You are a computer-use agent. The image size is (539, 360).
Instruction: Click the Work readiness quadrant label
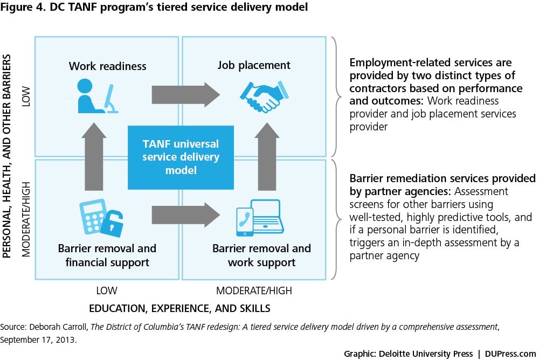[x=108, y=66]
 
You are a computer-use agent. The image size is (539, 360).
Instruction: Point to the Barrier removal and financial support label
[x=107, y=255]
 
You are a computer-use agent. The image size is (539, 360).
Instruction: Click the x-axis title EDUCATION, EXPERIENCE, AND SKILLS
[x=180, y=308]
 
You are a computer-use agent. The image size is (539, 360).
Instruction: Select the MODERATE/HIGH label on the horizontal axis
[x=254, y=290]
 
